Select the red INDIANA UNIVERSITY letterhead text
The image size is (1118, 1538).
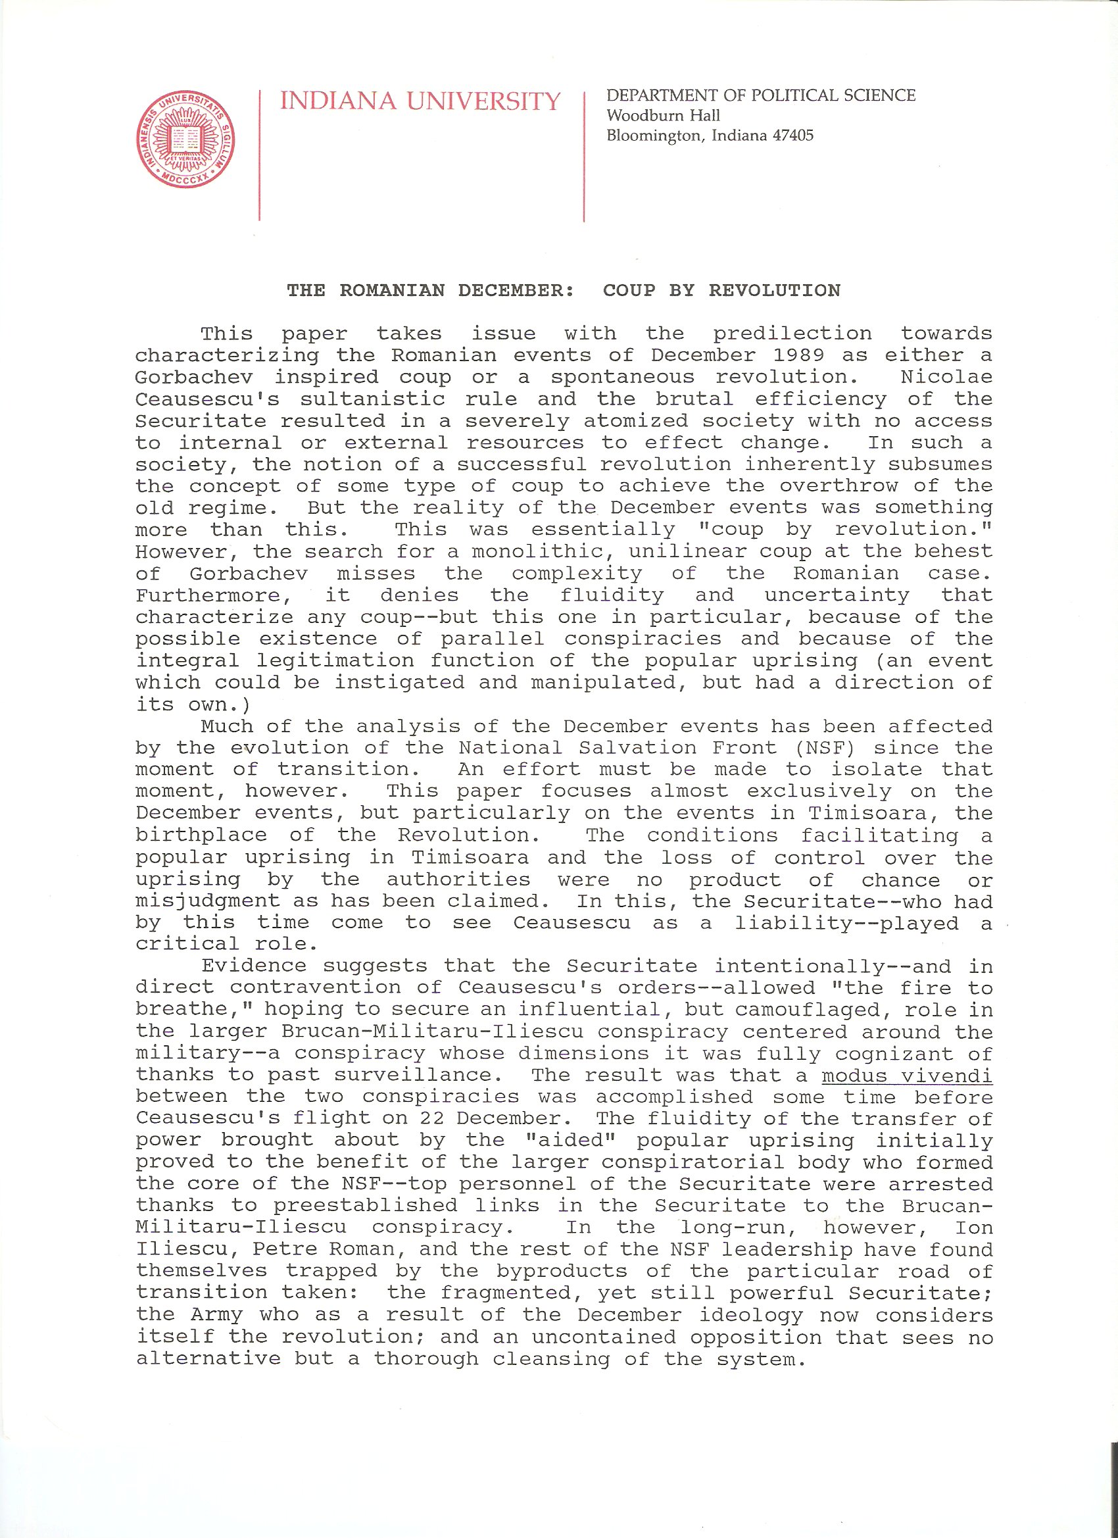pyautogui.click(x=420, y=102)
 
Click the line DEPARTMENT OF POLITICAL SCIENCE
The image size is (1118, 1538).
pyautogui.click(x=761, y=95)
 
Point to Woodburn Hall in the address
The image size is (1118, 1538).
pyautogui.click(x=663, y=116)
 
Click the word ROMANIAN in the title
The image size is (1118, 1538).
pyautogui.click(x=392, y=291)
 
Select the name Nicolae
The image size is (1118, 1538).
pyautogui.click(x=946, y=377)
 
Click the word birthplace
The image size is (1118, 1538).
pyautogui.click(x=201, y=835)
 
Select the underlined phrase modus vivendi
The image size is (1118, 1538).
pyautogui.click(x=906, y=1076)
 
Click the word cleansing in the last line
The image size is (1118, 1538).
pyautogui.click(x=552, y=1359)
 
